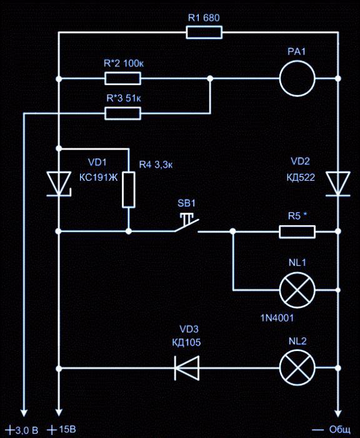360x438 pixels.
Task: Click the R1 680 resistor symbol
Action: coord(204,33)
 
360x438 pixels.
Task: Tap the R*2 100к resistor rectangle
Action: coord(122,78)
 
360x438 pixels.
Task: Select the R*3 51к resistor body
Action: coord(122,113)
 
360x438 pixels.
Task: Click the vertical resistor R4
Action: coord(129,190)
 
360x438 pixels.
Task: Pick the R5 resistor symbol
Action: coord(297,232)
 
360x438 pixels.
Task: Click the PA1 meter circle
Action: coord(297,78)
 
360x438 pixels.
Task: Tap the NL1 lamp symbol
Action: coord(297,290)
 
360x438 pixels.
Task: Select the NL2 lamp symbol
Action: coord(297,368)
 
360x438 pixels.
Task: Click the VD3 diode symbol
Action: coord(187,368)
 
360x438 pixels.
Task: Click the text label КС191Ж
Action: coord(99,177)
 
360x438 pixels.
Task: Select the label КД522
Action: coord(301,177)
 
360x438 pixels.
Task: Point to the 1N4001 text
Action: coord(277,318)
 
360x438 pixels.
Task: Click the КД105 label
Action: coord(186,342)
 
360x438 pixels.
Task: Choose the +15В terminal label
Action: coord(61,429)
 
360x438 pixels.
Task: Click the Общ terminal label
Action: coord(331,430)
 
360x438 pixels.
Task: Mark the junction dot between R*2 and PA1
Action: coord(210,78)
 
